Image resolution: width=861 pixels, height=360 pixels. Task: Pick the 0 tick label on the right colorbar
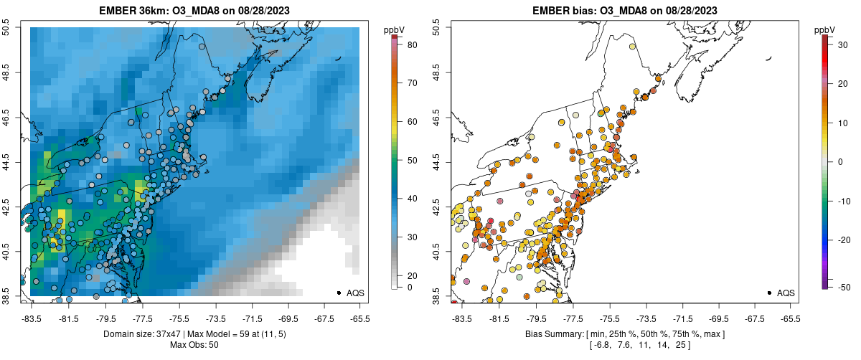tap(839, 161)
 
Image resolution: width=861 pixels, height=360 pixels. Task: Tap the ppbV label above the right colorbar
tap(825, 29)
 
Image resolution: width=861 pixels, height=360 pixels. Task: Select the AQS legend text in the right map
tap(786, 293)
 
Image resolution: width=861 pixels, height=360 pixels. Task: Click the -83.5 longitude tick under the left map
tap(31, 319)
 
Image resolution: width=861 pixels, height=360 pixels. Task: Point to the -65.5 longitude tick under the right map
tap(790, 319)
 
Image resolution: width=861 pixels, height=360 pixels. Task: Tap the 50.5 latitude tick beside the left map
tap(6, 28)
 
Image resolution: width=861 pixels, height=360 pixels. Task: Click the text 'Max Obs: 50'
tap(194, 345)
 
